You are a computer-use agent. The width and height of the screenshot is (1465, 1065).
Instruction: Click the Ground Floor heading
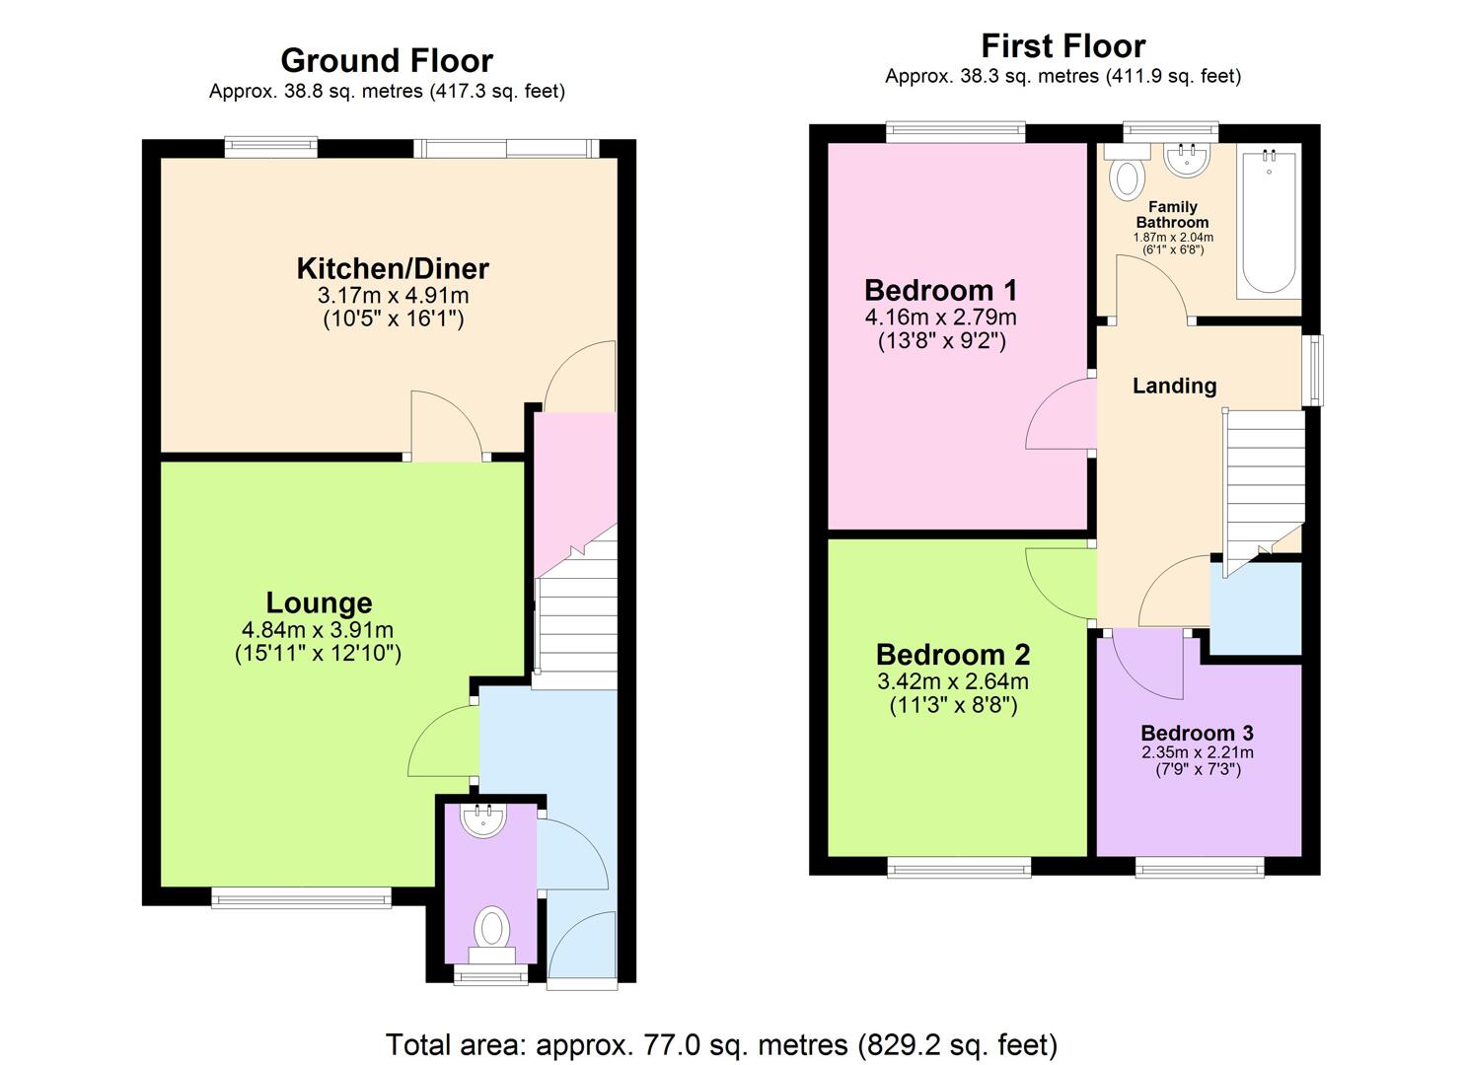tap(387, 61)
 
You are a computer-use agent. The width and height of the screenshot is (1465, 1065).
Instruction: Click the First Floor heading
tap(1062, 46)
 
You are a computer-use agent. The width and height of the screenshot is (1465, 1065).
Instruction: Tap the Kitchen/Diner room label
tap(393, 268)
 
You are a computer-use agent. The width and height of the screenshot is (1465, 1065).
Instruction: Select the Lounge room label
tap(319, 603)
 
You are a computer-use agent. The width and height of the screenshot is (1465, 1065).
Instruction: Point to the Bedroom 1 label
tap(940, 290)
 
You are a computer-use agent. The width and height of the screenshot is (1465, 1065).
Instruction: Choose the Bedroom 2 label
tap(952, 655)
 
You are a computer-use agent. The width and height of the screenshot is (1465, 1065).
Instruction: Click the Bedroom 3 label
tap(1197, 733)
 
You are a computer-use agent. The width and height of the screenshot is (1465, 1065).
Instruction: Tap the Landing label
tap(1174, 386)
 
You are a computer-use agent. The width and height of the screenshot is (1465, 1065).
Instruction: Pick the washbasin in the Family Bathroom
tap(1186, 160)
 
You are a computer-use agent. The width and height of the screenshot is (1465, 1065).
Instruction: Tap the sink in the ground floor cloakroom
tap(483, 820)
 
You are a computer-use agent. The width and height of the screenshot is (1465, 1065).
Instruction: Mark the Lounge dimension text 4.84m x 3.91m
tap(318, 630)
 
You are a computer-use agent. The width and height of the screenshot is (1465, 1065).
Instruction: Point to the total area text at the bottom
tap(721, 1044)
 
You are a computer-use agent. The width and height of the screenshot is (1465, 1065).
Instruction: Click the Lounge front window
tap(301, 896)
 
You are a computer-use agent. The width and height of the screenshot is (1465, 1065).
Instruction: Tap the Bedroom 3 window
tap(1199, 867)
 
